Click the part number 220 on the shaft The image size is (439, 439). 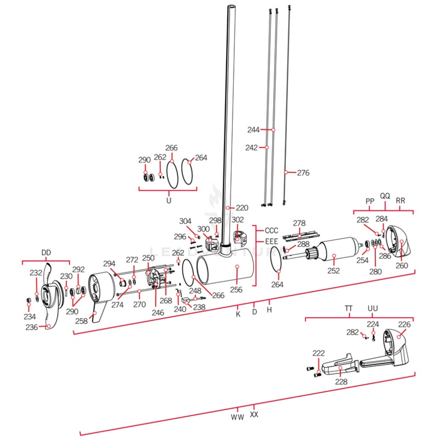pyautogui.click(x=242, y=208)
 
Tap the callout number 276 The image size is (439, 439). pyautogui.click(x=303, y=173)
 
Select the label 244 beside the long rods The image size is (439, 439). pyautogui.click(x=253, y=130)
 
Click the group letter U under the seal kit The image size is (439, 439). pyautogui.click(x=168, y=200)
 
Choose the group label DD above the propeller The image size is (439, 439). pyautogui.click(x=46, y=252)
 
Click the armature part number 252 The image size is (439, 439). pyautogui.click(x=333, y=271)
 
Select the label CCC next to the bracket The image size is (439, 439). pyautogui.click(x=272, y=230)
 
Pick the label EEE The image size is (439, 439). pyautogui.click(x=272, y=241)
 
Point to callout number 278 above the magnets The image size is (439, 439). pyautogui.click(x=299, y=223)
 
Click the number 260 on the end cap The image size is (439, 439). pyautogui.click(x=402, y=266)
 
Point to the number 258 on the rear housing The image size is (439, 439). pyautogui.click(x=81, y=321)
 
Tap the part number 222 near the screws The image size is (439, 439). pyautogui.click(x=318, y=353)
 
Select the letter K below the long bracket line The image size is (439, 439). pyautogui.click(x=238, y=314)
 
